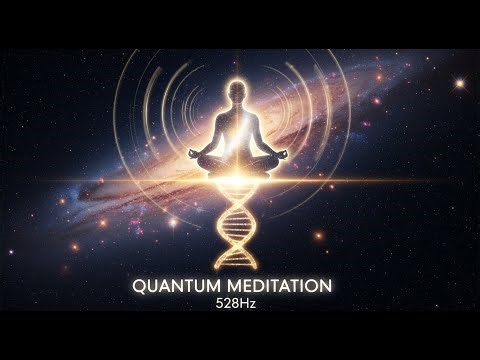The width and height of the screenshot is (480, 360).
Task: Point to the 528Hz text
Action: point(239,304)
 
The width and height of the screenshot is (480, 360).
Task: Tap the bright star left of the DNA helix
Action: point(172,222)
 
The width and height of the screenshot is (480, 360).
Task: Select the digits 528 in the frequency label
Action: point(231,304)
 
